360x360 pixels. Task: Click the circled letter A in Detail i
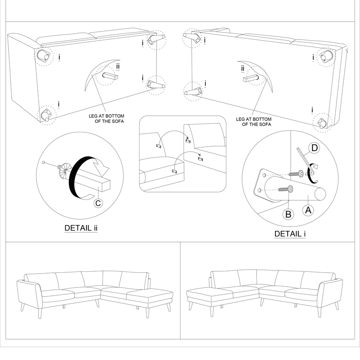(308, 210)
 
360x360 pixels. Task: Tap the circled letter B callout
(288, 214)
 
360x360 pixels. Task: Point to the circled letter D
(315, 148)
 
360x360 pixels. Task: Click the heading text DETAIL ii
(81, 228)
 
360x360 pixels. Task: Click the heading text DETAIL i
(290, 234)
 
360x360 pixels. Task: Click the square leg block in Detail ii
(99, 184)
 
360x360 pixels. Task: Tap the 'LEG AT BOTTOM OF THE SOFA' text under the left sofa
(106, 119)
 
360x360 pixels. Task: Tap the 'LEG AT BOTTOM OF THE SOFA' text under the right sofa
(254, 121)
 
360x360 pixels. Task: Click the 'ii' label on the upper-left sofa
(118, 67)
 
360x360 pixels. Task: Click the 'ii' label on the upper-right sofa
(243, 68)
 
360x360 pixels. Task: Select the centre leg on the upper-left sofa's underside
(110, 76)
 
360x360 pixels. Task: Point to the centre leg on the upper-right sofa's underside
(252, 78)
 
